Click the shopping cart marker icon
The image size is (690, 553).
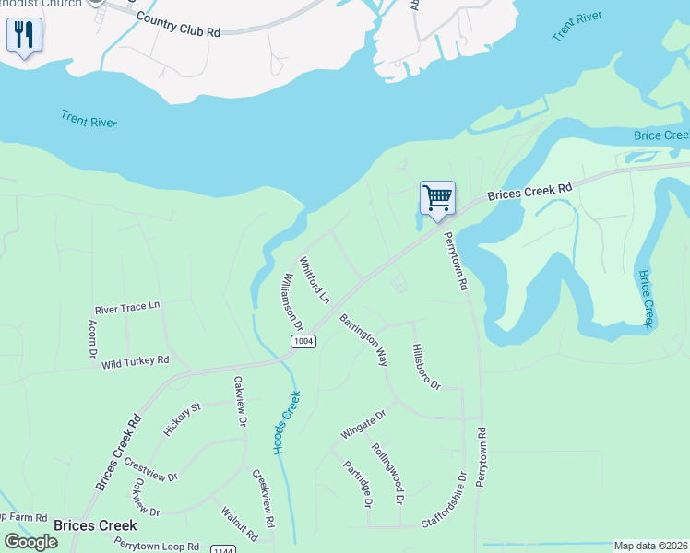pos(437,197)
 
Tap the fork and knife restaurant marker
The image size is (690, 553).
pos(24,36)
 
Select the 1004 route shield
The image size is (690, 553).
pos(303,342)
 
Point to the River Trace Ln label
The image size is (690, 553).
pos(127,306)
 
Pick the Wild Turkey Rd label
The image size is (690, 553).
pos(136,362)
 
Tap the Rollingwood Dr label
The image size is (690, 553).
pos(387,473)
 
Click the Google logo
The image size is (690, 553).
pos(30,542)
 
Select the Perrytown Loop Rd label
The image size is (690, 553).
pos(156,546)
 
